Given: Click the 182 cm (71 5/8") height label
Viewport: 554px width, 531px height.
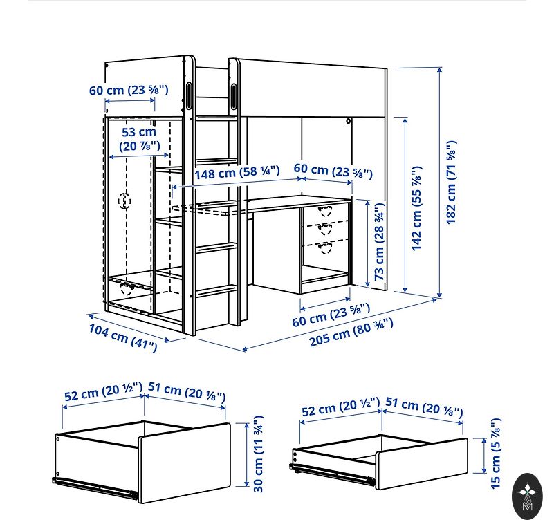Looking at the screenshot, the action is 451,182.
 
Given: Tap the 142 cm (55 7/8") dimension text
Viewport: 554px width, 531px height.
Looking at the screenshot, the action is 417,208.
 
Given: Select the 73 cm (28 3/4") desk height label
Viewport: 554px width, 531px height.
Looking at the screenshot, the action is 379,242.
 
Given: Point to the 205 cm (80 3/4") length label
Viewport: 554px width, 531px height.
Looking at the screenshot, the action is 351,333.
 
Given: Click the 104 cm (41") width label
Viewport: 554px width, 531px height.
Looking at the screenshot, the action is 123,338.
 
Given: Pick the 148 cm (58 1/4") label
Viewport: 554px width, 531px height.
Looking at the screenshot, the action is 237,172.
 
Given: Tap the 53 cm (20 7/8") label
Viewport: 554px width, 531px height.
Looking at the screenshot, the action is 139,139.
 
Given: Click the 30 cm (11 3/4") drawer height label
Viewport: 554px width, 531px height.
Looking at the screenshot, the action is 259,454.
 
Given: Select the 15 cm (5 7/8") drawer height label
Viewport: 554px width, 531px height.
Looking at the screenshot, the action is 496,454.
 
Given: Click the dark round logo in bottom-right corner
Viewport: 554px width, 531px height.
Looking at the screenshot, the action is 527,496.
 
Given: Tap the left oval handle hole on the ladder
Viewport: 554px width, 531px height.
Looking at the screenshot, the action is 189,95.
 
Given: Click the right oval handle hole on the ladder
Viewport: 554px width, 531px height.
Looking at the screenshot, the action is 234,95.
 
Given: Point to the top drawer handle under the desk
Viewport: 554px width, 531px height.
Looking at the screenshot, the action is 325,212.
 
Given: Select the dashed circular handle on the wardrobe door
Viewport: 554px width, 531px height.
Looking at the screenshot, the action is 124,201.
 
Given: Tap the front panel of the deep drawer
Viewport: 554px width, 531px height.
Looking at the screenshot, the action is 184,463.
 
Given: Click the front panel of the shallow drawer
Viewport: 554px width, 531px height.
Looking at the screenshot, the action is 421,463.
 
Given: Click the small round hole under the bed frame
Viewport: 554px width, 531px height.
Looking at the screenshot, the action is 349,121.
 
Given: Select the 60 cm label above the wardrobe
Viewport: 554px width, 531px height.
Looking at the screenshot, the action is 129,90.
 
